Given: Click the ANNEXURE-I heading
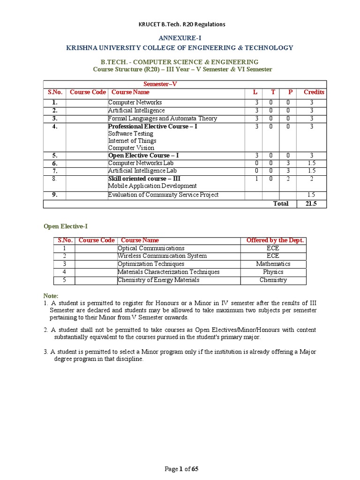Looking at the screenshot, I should click(180, 37).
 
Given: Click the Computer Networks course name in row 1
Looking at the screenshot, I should click(135, 103).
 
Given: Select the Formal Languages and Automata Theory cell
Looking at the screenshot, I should click(162, 119).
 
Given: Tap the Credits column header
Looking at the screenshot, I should click(314, 92).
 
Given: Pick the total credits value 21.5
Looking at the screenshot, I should click(312, 204).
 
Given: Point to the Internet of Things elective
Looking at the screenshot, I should click(132, 141).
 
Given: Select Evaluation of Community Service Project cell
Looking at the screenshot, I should click(163, 195).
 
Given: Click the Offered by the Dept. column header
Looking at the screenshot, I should click(275, 240).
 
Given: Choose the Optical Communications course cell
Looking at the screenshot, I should click(151, 248).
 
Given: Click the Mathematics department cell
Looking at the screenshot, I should click(273, 264).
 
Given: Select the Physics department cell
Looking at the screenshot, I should click(273, 272).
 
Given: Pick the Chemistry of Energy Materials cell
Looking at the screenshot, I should click(158, 280).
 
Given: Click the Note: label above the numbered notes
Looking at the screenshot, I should click(51, 296).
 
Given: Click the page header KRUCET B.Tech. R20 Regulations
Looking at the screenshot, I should click(180, 24).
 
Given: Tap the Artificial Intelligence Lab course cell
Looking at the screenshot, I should click(142, 171).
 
